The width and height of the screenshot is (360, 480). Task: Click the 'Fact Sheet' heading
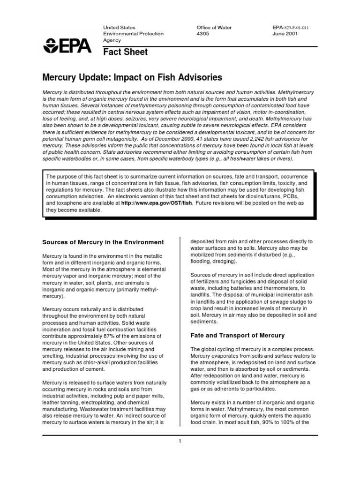click(125, 52)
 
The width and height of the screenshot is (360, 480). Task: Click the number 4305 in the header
click(203, 34)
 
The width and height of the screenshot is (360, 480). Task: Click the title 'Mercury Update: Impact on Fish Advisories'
click(133, 76)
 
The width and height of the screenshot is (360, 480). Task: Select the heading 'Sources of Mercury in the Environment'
click(103, 242)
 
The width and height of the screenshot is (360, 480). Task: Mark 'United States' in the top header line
click(120, 28)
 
